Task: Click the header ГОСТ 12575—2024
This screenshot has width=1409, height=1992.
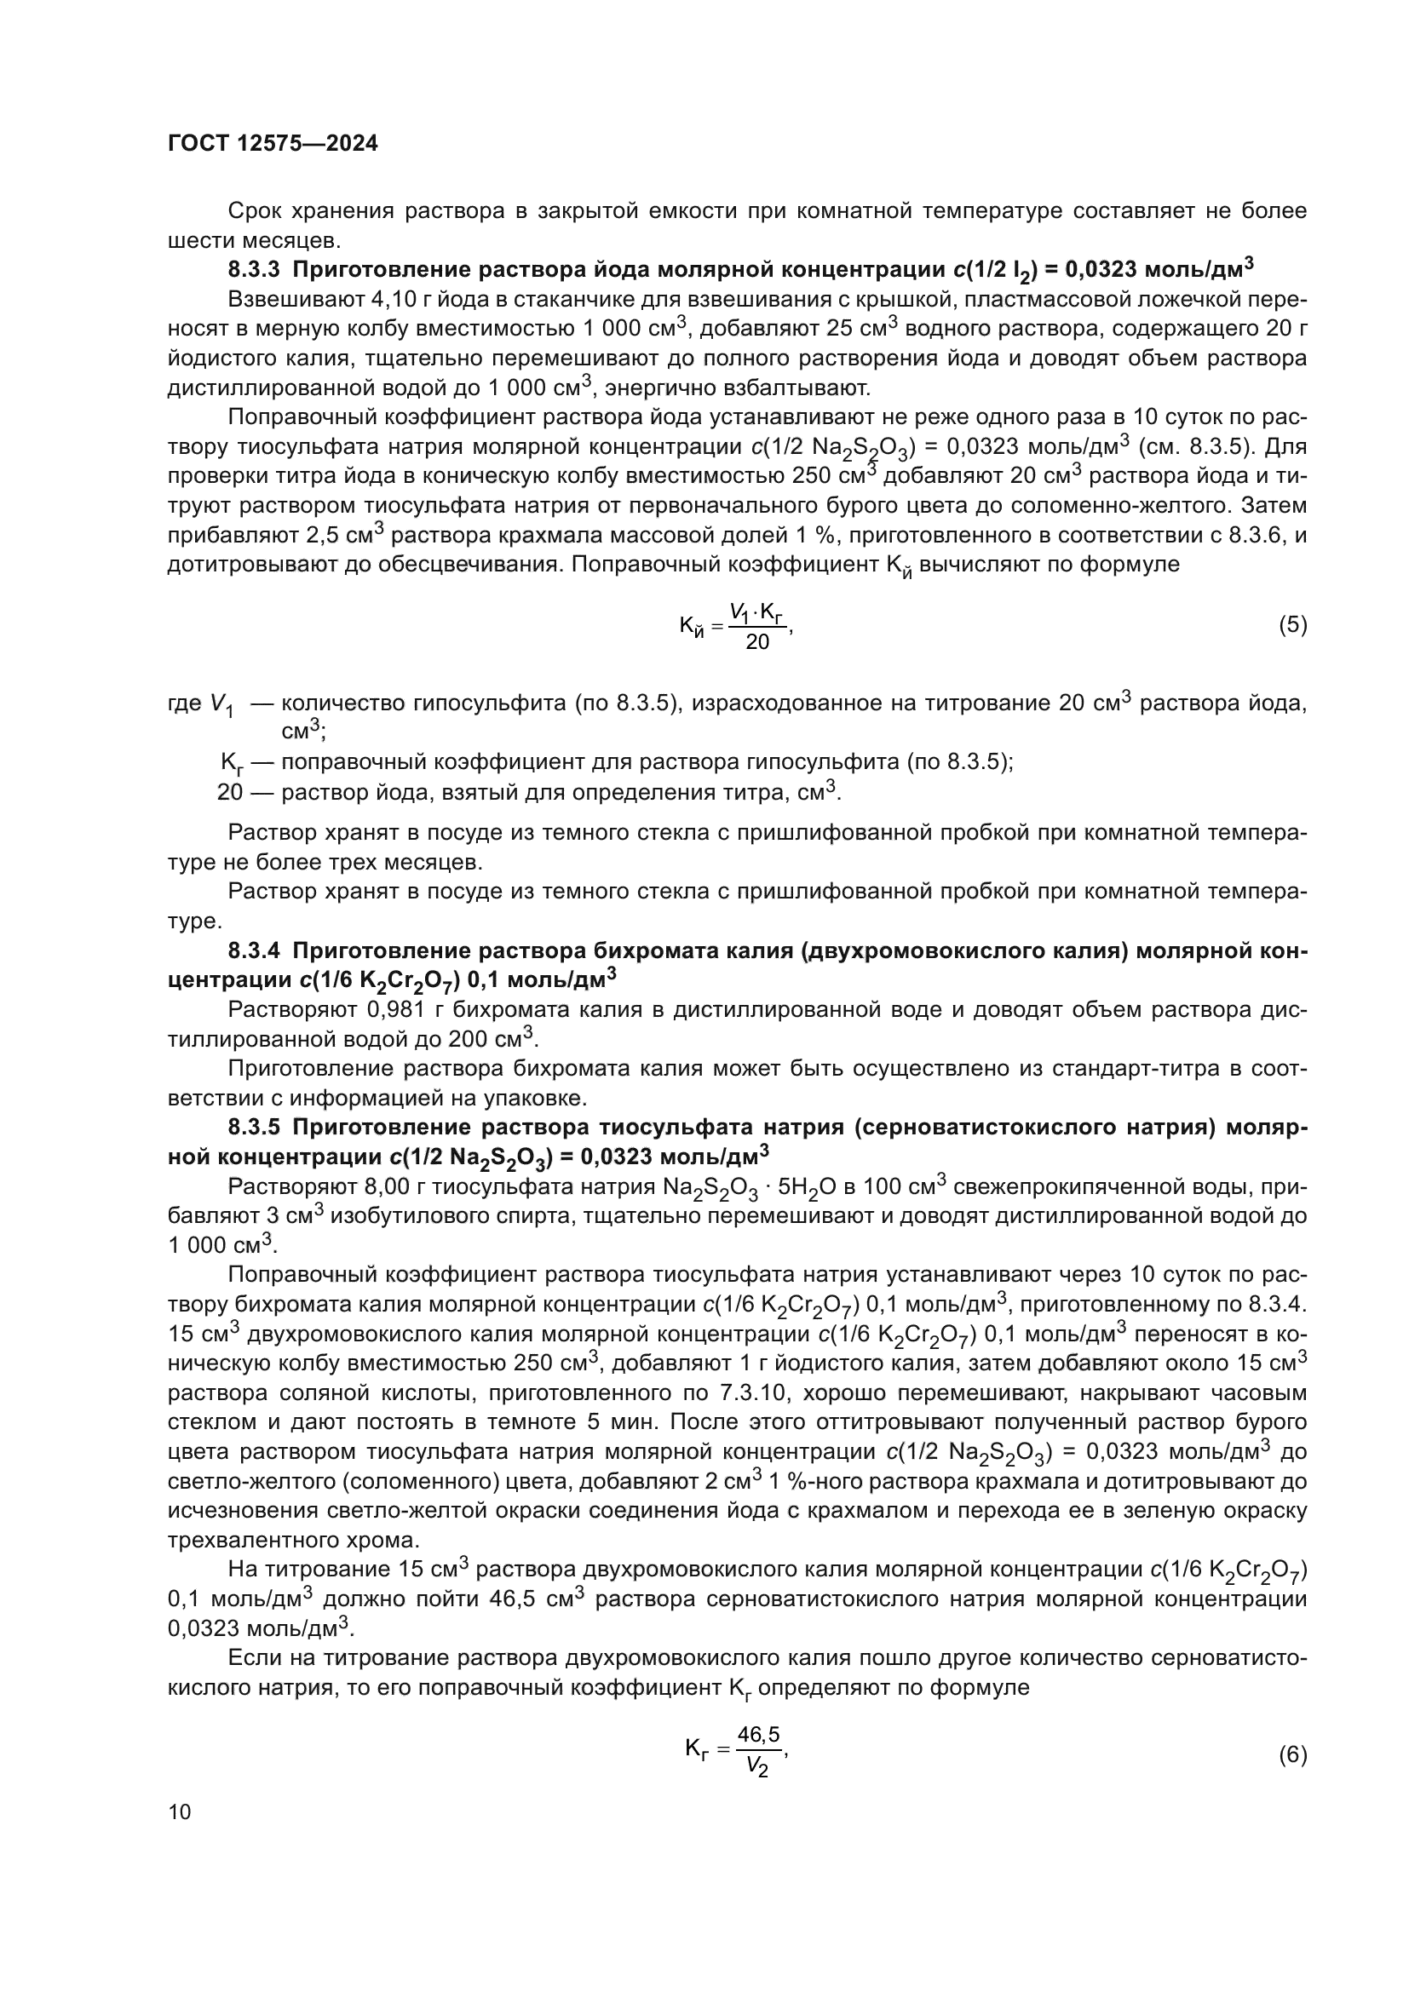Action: [273, 144]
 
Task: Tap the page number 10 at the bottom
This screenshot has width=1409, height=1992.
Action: [180, 1811]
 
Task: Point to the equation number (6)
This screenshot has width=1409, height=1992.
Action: [1293, 1754]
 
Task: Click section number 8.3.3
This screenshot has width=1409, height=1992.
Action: [253, 270]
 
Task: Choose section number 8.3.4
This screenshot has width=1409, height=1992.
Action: [253, 951]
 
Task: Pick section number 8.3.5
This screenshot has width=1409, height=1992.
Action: [253, 1127]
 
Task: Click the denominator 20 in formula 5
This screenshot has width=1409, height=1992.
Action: [757, 643]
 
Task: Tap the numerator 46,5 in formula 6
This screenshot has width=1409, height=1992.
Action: [758, 1734]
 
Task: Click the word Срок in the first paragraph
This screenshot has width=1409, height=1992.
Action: [254, 211]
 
